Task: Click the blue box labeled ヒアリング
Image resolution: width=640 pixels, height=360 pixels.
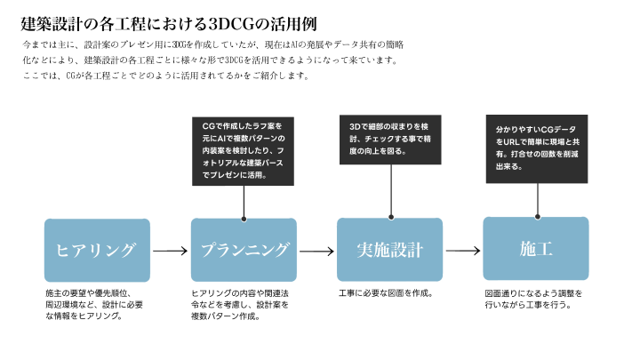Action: pyautogui.click(x=96, y=249)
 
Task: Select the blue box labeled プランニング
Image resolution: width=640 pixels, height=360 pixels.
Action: pyautogui.click(x=244, y=249)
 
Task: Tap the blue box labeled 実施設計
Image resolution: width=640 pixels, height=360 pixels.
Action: pyautogui.click(x=389, y=249)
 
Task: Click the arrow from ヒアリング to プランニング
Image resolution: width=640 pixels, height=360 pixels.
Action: pyautogui.click(x=170, y=252)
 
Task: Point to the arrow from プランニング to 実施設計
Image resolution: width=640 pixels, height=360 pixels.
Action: pyautogui.click(x=316, y=252)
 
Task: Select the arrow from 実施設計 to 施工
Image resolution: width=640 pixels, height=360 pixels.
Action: pyautogui.click(x=462, y=252)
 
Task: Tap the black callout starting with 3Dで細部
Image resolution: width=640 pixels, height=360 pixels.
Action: pyautogui.click(x=390, y=140)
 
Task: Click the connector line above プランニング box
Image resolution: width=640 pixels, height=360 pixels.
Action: pyautogui.click(x=244, y=202)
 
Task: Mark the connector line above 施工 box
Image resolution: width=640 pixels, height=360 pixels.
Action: pyautogui.click(x=537, y=200)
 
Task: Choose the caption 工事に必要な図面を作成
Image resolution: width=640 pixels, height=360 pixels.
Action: pyautogui.click(x=385, y=292)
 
